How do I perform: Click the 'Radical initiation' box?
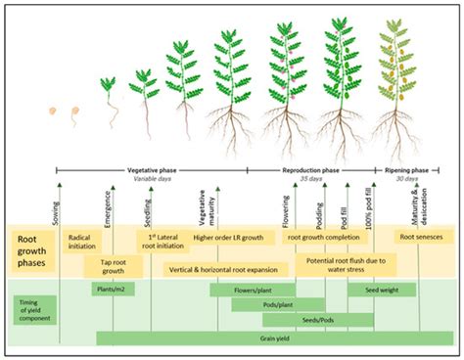(x=82, y=242)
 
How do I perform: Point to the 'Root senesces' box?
(x=422, y=237)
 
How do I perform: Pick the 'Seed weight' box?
(x=380, y=290)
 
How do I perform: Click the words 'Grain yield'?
(x=252, y=337)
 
